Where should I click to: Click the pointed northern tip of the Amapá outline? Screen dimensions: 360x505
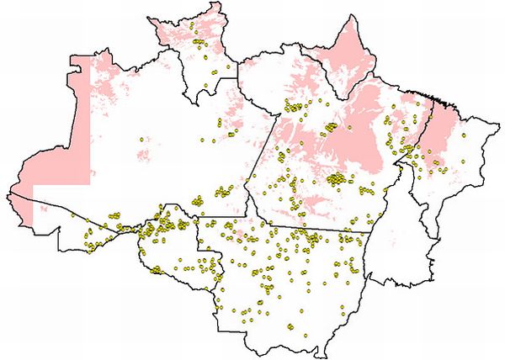coord(349,14)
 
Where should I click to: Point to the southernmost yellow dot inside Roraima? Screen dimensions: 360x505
coord(206,87)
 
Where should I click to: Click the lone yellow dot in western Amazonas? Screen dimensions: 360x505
coord(140,139)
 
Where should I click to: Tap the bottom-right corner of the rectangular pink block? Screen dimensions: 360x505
coord(89,183)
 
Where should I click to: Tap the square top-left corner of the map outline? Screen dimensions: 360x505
coord(72,56)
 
